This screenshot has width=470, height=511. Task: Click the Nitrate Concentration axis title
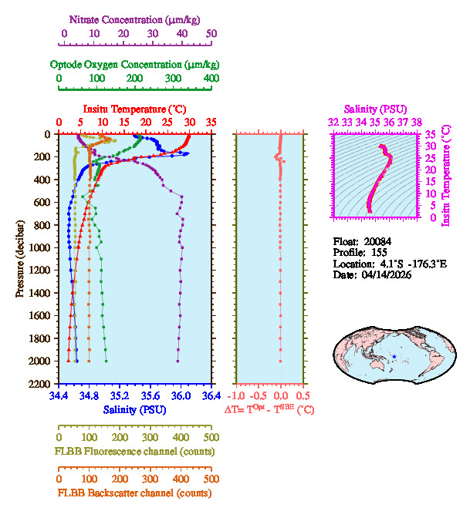136,18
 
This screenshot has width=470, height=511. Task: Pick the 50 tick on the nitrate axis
211,34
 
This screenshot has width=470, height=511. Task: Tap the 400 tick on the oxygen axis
211,79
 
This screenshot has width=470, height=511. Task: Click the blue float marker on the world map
394,356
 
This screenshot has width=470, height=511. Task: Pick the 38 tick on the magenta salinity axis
417,122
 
